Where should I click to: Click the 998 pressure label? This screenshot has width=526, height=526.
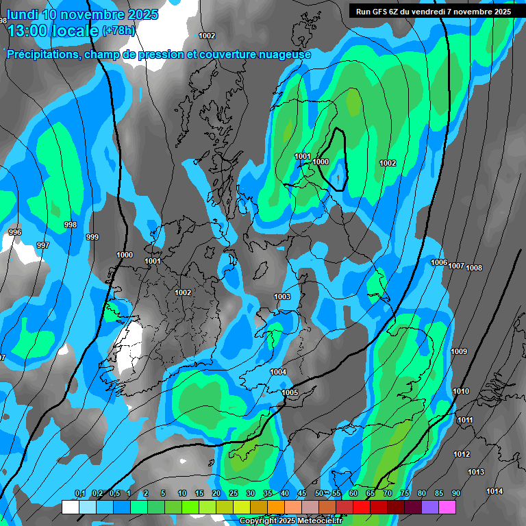pyautogui.click(x=70, y=225)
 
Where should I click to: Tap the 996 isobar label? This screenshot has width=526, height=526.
pyautogui.click(x=15, y=233)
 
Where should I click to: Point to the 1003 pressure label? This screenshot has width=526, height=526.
pyautogui.click(x=281, y=297)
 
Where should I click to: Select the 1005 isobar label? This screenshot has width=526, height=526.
pyautogui.click(x=290, y=392)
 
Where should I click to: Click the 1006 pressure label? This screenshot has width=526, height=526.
pyautogui.click(x=439, y=263)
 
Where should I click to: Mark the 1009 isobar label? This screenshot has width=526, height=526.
pyautogui.click(x=459, y=351)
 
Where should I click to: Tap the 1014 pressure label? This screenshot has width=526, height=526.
pyautogui.click(x=494, y=491)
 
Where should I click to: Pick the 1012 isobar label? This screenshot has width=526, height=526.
pyautogui.click(x=462, y=454)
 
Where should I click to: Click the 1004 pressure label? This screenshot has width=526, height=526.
pyautogui.click(x=278, y=372)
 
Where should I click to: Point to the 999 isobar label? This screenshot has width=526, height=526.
pyautogui.click(x=92, y=237)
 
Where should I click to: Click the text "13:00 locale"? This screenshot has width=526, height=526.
pyautogui.click(x=53, y=31)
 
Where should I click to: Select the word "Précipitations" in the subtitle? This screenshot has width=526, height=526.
pyautogui.click(x=42, y=55)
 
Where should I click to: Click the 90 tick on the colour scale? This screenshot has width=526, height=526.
pyautogui.click(x=455, y=493)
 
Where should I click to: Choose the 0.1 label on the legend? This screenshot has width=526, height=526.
pyautogui.click(x=79, y=493)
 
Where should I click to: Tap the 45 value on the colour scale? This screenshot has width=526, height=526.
pyautogui.click(x=302, y=493)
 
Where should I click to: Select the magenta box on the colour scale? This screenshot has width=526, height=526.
pyautogui.click(x=447, y=507)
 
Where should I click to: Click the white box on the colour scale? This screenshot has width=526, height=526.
pyautogui.click(x=70, y=507)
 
